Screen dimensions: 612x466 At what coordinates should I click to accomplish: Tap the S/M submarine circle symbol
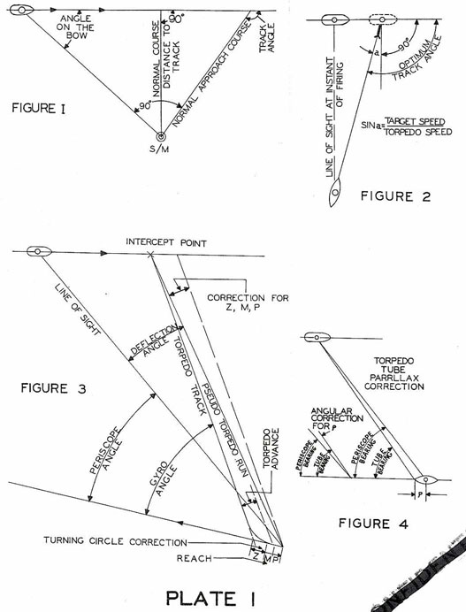(x=160, y=137)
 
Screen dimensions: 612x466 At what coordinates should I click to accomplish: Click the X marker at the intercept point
(x=152, y=255)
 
